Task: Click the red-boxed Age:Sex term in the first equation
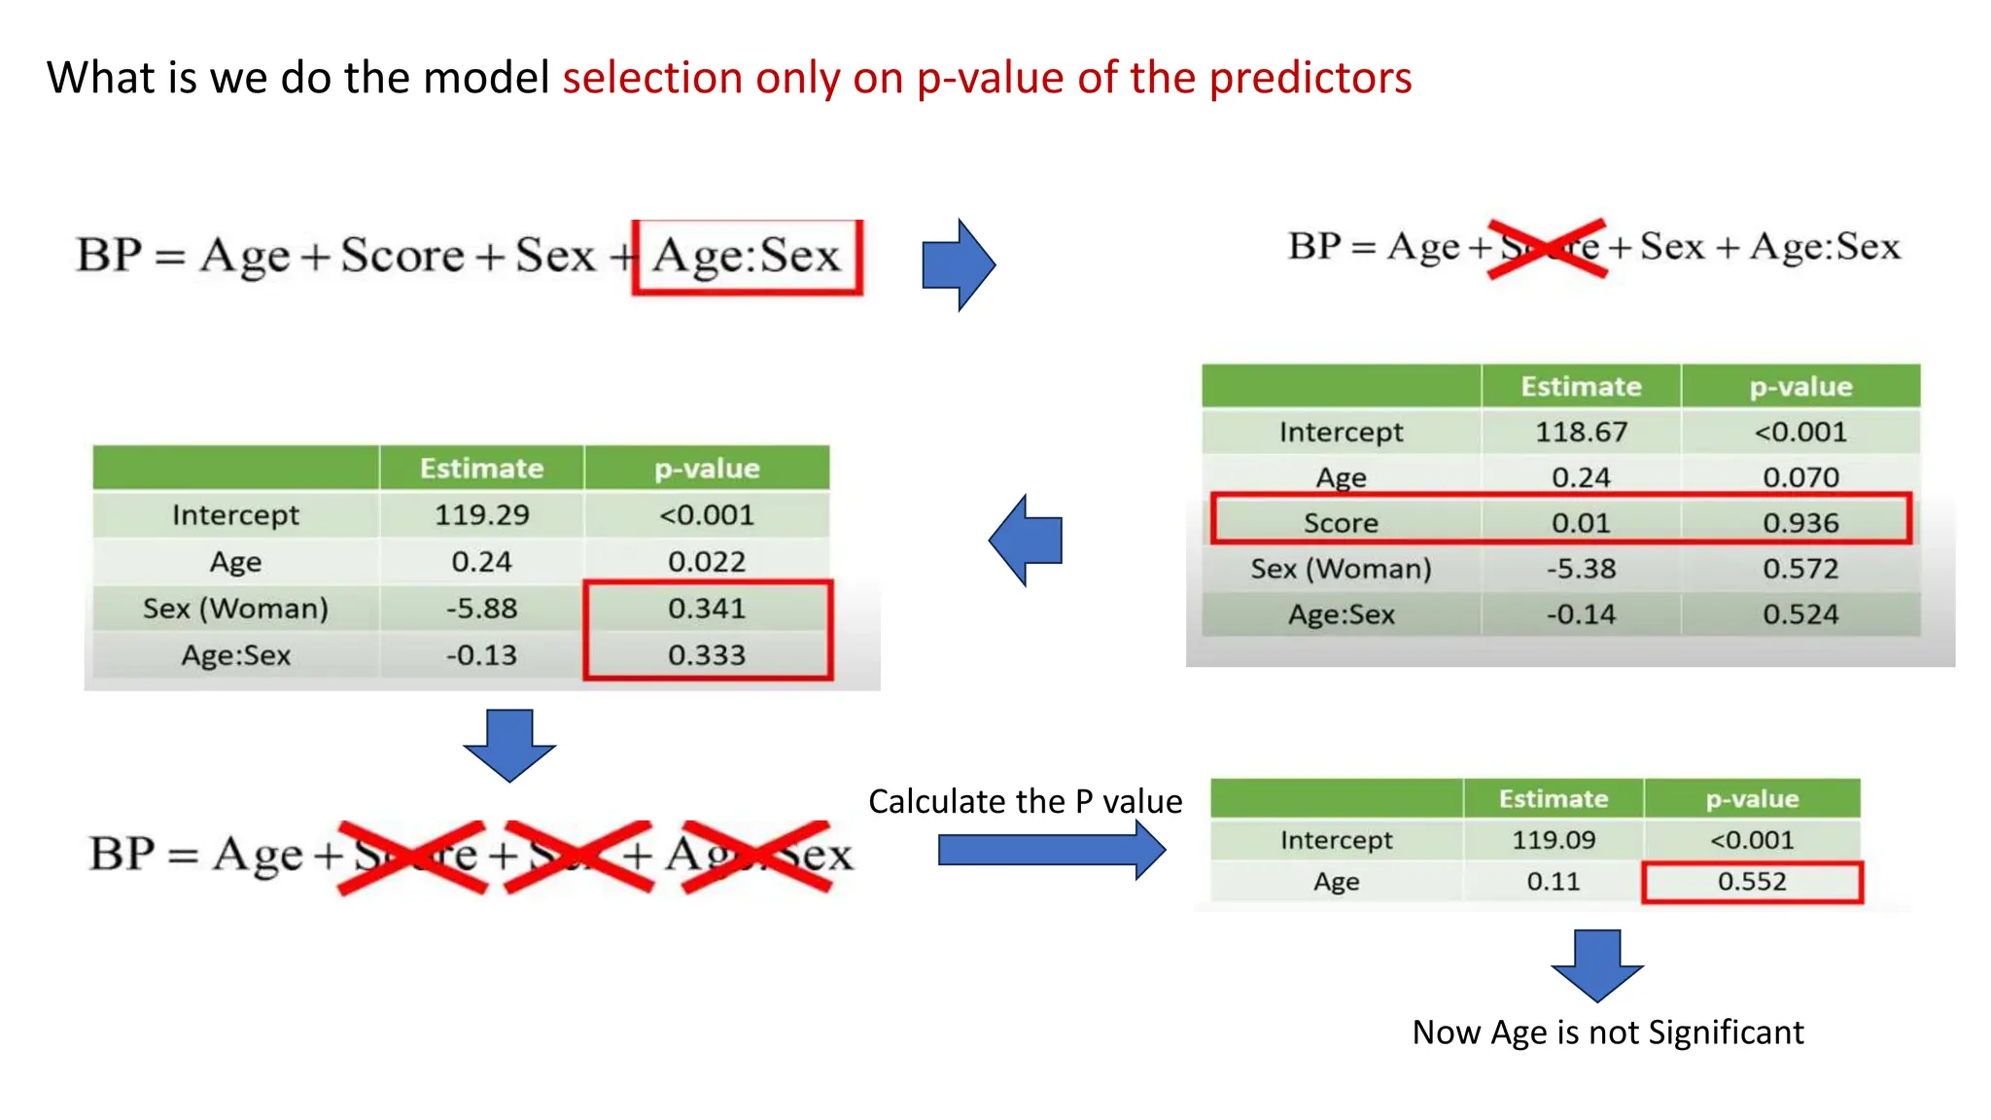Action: pos(747,257)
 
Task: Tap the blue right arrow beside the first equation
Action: pos(957,264)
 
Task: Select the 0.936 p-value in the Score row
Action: pos(1800,523)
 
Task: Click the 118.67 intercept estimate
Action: pos(1581,432)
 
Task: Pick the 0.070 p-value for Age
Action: pos(1800,477)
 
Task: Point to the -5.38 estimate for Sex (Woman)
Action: pos(1581,569)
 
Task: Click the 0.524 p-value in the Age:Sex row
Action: pos(1800,614)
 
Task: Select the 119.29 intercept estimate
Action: pos(481,515)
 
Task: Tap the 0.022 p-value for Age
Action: pos(707,562)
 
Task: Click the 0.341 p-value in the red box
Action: pos(707,609)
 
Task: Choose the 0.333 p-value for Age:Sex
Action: pos(707,655)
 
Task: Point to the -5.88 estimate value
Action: pos(481,609)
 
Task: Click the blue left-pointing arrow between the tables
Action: pos(1027,541)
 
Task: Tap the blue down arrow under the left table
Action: pos(509,745)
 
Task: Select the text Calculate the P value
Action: pos(1025,801)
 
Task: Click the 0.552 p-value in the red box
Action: pos(1752,882)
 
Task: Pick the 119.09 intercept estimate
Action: pos(1553,840)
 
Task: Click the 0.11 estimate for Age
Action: pos(1553,882)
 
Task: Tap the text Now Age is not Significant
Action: pos(1607,1032)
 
